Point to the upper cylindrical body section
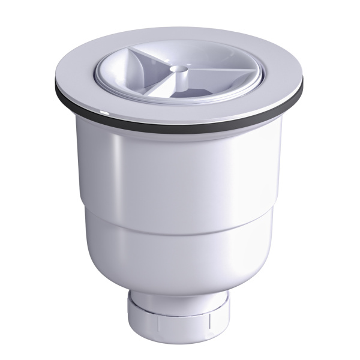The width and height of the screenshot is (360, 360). [x=180, y=174]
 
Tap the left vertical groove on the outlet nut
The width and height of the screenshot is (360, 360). [x=157, y=322]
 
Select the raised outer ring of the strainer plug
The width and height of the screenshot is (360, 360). [x=240, y=84]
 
